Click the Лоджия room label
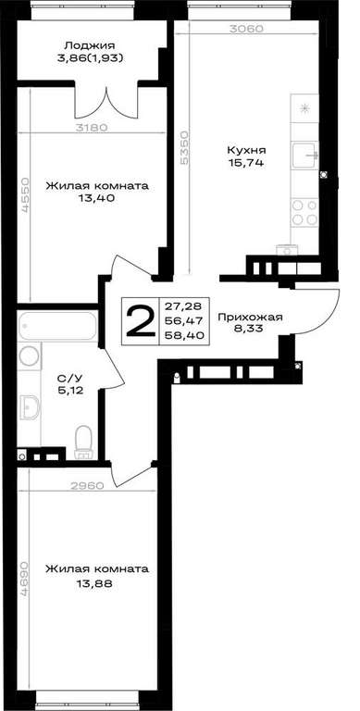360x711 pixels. click(x=90, y=45)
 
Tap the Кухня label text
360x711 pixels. click(x=247, y=151)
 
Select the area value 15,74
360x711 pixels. click(x=247, y=163)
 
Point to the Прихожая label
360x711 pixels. click(x=250, y=318)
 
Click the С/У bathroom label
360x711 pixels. click(x=69, y=378)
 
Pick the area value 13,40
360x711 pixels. click(x=95, y=197)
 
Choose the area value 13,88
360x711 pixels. click(x=94, y=584)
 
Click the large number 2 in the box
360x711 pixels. click(x=141, y=321)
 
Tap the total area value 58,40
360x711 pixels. click(x=184, y=335)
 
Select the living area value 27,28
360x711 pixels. click(x=184, y=306)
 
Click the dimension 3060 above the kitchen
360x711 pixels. click(x=246, y=29)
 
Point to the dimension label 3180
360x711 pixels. click(x=91, y=128)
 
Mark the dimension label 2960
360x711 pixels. click(x=88, y=486)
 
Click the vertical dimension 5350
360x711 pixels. click(x=183, y=148)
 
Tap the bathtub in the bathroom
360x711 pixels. click(x=57, y=326)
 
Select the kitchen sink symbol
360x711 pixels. click(x=305, y=156)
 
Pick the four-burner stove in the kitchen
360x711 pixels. click(x=304, y=212)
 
